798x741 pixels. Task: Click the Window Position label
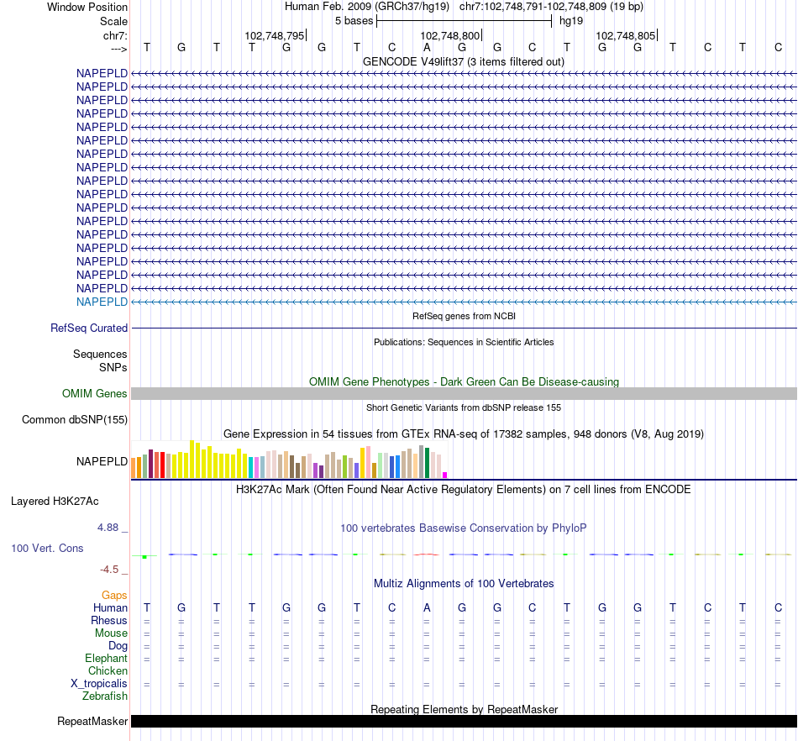(87, 7)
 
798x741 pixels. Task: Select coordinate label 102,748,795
(275, 36)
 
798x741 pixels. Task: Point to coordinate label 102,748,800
(450, 36)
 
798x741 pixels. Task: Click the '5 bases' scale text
(354, 20)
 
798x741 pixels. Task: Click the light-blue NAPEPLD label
(102, 302)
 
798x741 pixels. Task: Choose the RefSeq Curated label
(89, 328)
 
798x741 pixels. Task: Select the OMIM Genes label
(95, 393)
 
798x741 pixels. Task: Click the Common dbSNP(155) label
(75, 420)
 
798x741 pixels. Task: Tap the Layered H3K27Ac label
(55, 502)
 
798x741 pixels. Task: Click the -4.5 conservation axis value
(111, 570)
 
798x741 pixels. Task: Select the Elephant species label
(106, 659)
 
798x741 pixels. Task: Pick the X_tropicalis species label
(99, 684)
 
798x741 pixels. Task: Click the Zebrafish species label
(105, 696)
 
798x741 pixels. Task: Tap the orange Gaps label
(114, 596)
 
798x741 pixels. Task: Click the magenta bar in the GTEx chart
(445, 476)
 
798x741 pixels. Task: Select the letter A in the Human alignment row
(427, 608)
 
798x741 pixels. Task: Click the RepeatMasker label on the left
(92, 722)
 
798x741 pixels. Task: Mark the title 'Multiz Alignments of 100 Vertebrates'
(464, 583)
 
